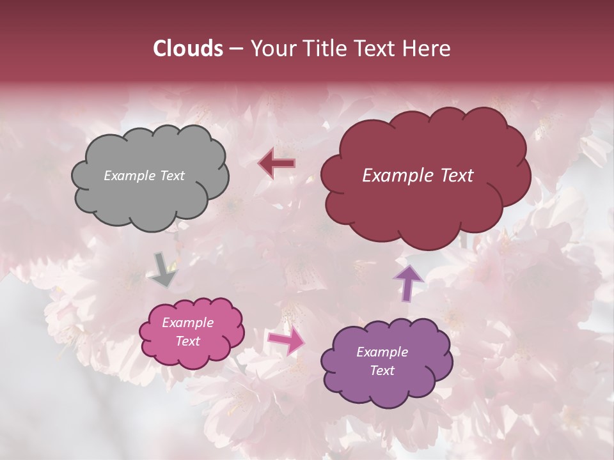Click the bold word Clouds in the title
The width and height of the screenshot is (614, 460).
(x=187, y=49)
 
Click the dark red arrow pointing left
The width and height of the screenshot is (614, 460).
(x=276, y=164)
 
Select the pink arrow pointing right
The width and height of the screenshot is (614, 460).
(x=287, y=341)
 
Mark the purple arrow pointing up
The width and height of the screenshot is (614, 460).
(x=409, y=283)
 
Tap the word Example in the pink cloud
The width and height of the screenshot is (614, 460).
(x=188, y=323)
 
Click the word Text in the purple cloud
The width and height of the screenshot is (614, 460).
(x=382, y=371)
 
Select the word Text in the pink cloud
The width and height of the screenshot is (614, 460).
(x=188, y=341)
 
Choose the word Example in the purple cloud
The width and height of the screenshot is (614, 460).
(x=382, y=352)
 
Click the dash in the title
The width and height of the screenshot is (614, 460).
(x=235, y=49)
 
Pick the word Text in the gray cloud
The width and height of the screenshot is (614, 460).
(x=172, y=176)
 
